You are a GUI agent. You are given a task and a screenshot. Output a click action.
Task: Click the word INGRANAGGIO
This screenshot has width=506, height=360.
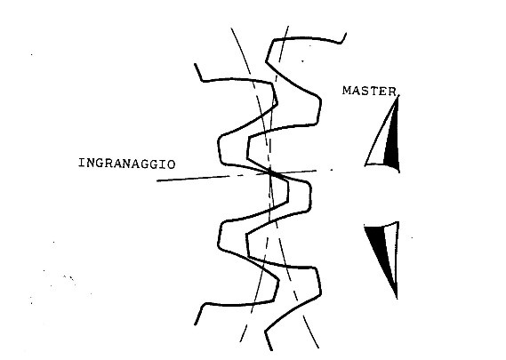pyautogui.click(x=127, y=164)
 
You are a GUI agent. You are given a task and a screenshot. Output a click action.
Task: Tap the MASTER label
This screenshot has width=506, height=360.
pyautogui.click(x=370, y=91)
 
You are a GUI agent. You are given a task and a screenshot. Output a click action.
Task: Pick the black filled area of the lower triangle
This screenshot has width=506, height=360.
pyautogui.click(x=378, y=247)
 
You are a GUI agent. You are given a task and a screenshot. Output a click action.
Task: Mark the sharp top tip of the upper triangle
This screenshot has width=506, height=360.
pyautogui.click(x=398, y=96)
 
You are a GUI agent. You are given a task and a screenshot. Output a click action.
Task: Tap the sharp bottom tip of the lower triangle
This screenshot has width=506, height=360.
pyautogui.click(x=397, y=299)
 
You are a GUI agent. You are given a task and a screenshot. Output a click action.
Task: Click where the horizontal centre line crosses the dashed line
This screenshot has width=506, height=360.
pyautogui.click(x=270, y=173)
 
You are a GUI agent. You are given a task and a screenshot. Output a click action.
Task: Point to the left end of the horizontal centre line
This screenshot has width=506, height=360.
pyautogui.click(x=157, y=180)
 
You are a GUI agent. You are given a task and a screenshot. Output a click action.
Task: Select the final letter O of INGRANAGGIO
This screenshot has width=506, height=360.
pyautogui.click(x=172, y=164)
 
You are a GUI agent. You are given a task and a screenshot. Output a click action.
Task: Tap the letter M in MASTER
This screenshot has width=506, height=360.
pyautogui.click(x=347, y=91)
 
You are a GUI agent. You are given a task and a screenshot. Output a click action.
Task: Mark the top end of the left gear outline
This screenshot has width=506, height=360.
pyautogui.click(x=195, y=64)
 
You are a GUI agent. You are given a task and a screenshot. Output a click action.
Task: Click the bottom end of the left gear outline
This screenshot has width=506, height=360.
pyautogui.click(x=195, y=324)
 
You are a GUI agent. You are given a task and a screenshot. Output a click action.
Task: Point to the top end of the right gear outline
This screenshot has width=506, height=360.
pyautogui.click(x=346, y=33)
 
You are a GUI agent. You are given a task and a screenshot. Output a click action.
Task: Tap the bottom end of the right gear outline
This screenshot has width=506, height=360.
pyautogui.click(x=271, y=350)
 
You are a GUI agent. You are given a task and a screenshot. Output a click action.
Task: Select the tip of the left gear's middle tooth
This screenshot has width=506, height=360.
pyautogui.click(x=288, y=191)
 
